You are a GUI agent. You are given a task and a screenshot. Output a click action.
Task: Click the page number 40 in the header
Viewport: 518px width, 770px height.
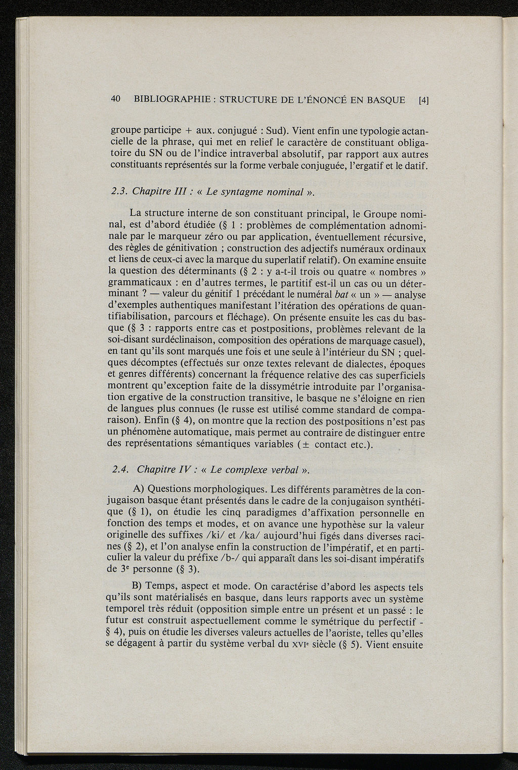(115, 100)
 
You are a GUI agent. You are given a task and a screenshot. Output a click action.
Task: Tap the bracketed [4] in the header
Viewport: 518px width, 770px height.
(423, 100)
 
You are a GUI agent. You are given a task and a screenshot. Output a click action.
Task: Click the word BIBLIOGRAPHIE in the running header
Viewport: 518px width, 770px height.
(170, 100)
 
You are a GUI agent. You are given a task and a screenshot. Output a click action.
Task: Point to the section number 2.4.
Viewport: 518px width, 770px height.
(120, 469)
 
